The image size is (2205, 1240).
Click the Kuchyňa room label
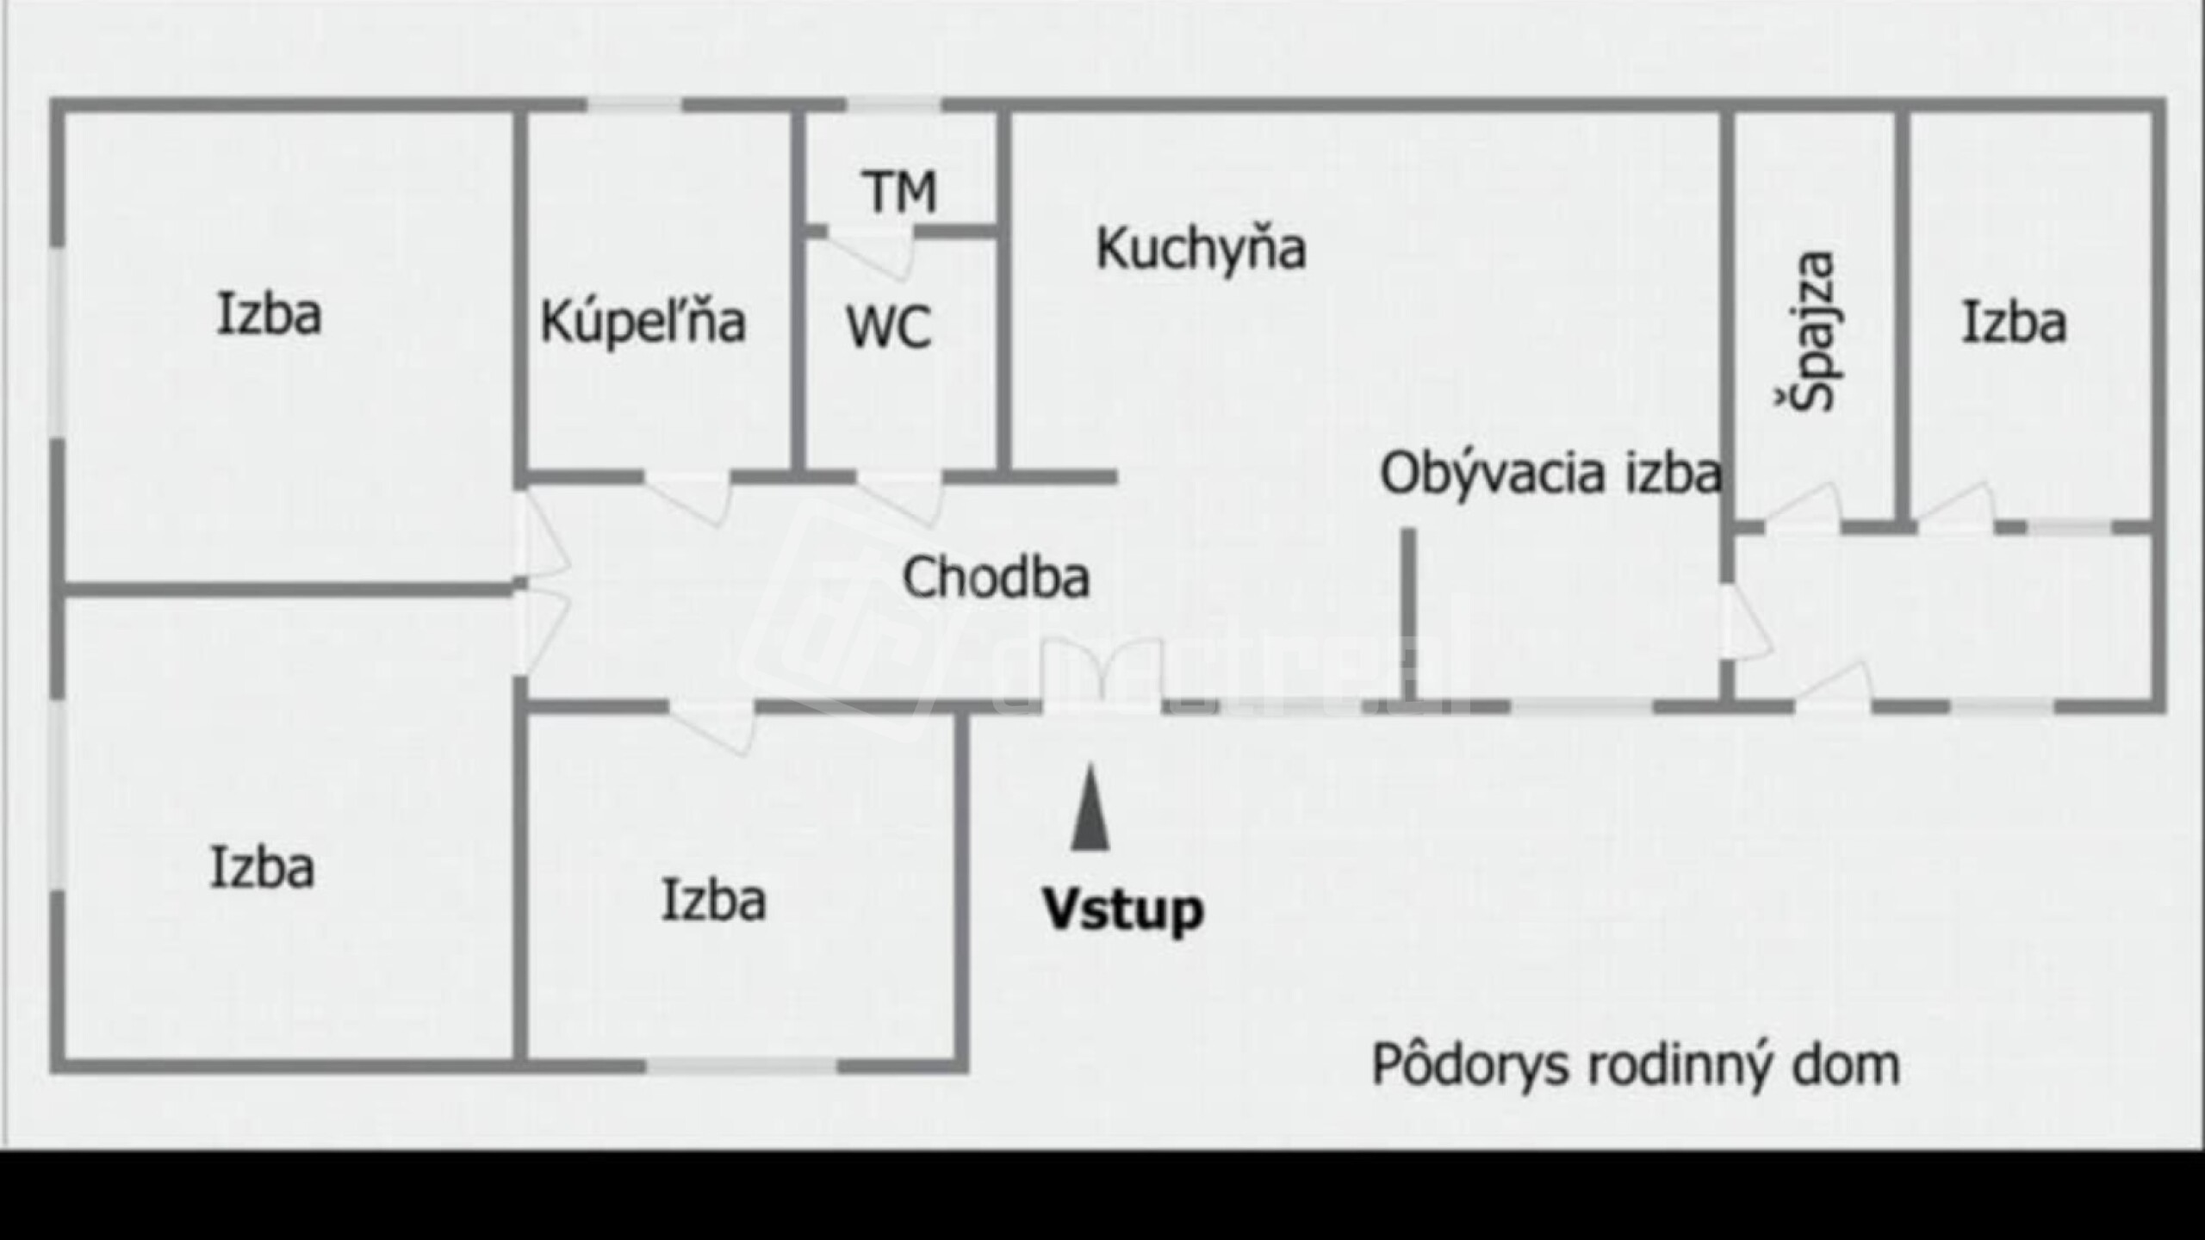(x=1201, y=250)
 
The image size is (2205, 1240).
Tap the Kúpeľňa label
(x=643, y=322)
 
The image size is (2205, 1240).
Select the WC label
(x=889, y=328)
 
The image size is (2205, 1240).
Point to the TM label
(x=899, y=192)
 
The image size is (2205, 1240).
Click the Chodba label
(x=996, y=577)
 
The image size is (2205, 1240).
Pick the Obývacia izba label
(x=1550, y=474)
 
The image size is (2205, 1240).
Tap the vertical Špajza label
(x=1808, y=332)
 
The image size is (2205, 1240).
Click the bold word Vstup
(x=1122, y=910)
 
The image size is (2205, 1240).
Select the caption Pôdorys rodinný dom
(x=1635, y=1066)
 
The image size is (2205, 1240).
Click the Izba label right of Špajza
(x=2014, y=324)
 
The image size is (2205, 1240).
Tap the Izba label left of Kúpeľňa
(x=269, y=314)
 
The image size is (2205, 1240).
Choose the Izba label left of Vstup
(x=713, y=901)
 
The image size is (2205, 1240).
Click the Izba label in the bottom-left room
(x=262, y=868)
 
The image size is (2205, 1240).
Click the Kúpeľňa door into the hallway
(x=689, y=495)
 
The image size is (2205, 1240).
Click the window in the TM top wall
(x=894, y=105)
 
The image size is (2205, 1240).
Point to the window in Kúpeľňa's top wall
(x=635, y=105)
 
